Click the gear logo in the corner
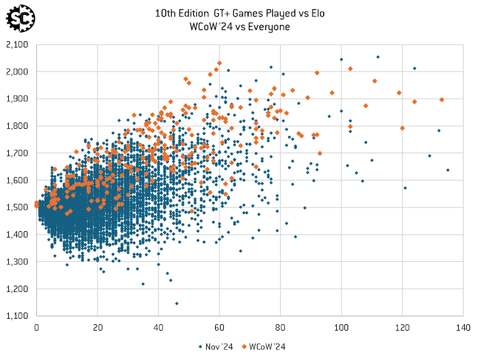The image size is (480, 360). tap(19, 18)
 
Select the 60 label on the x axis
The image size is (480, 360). tap(219, 327)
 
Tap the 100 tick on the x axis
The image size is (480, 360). tap(341, 327)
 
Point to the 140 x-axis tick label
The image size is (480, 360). tap(462, 327)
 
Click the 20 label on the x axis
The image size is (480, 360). tap(97, 327)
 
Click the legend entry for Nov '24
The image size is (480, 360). tap(216, 346)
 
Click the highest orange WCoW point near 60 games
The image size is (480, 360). tap(219, 63)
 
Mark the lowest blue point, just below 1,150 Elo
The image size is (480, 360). tap(177, 304)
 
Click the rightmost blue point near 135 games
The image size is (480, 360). tap(447, 170)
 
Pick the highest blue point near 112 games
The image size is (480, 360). tap(378, 57)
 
